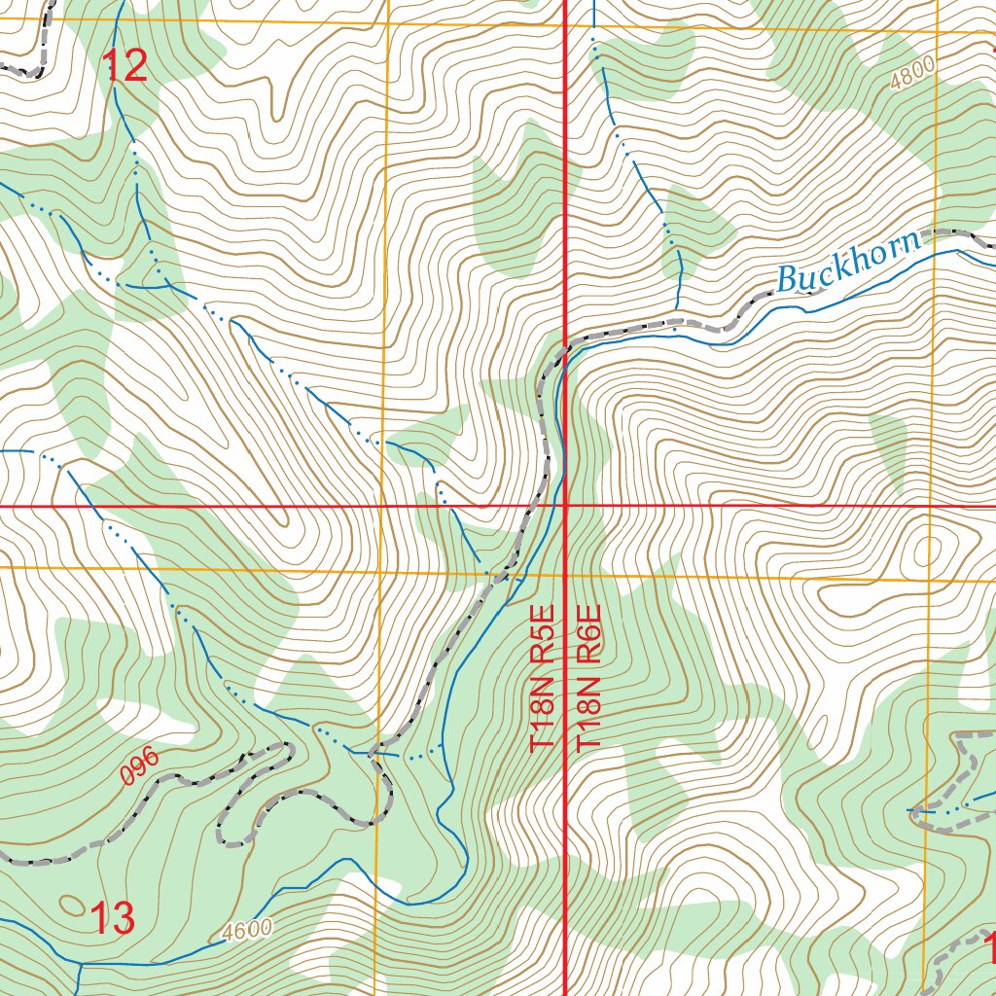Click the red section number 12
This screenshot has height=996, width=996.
click(x=125, y=66)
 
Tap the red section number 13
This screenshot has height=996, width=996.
click(x=112, y=917)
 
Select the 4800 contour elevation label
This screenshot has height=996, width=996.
click(x=911, y=74)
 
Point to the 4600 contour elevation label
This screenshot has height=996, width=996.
click(x=246, y=930)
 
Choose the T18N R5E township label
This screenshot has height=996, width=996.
click(x=543, y=678)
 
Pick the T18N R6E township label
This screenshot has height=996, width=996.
click(x=590, y=678)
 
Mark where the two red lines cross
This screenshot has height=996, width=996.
click(x=566, y=506)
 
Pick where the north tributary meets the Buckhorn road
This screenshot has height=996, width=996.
click(x=677, y=320)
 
